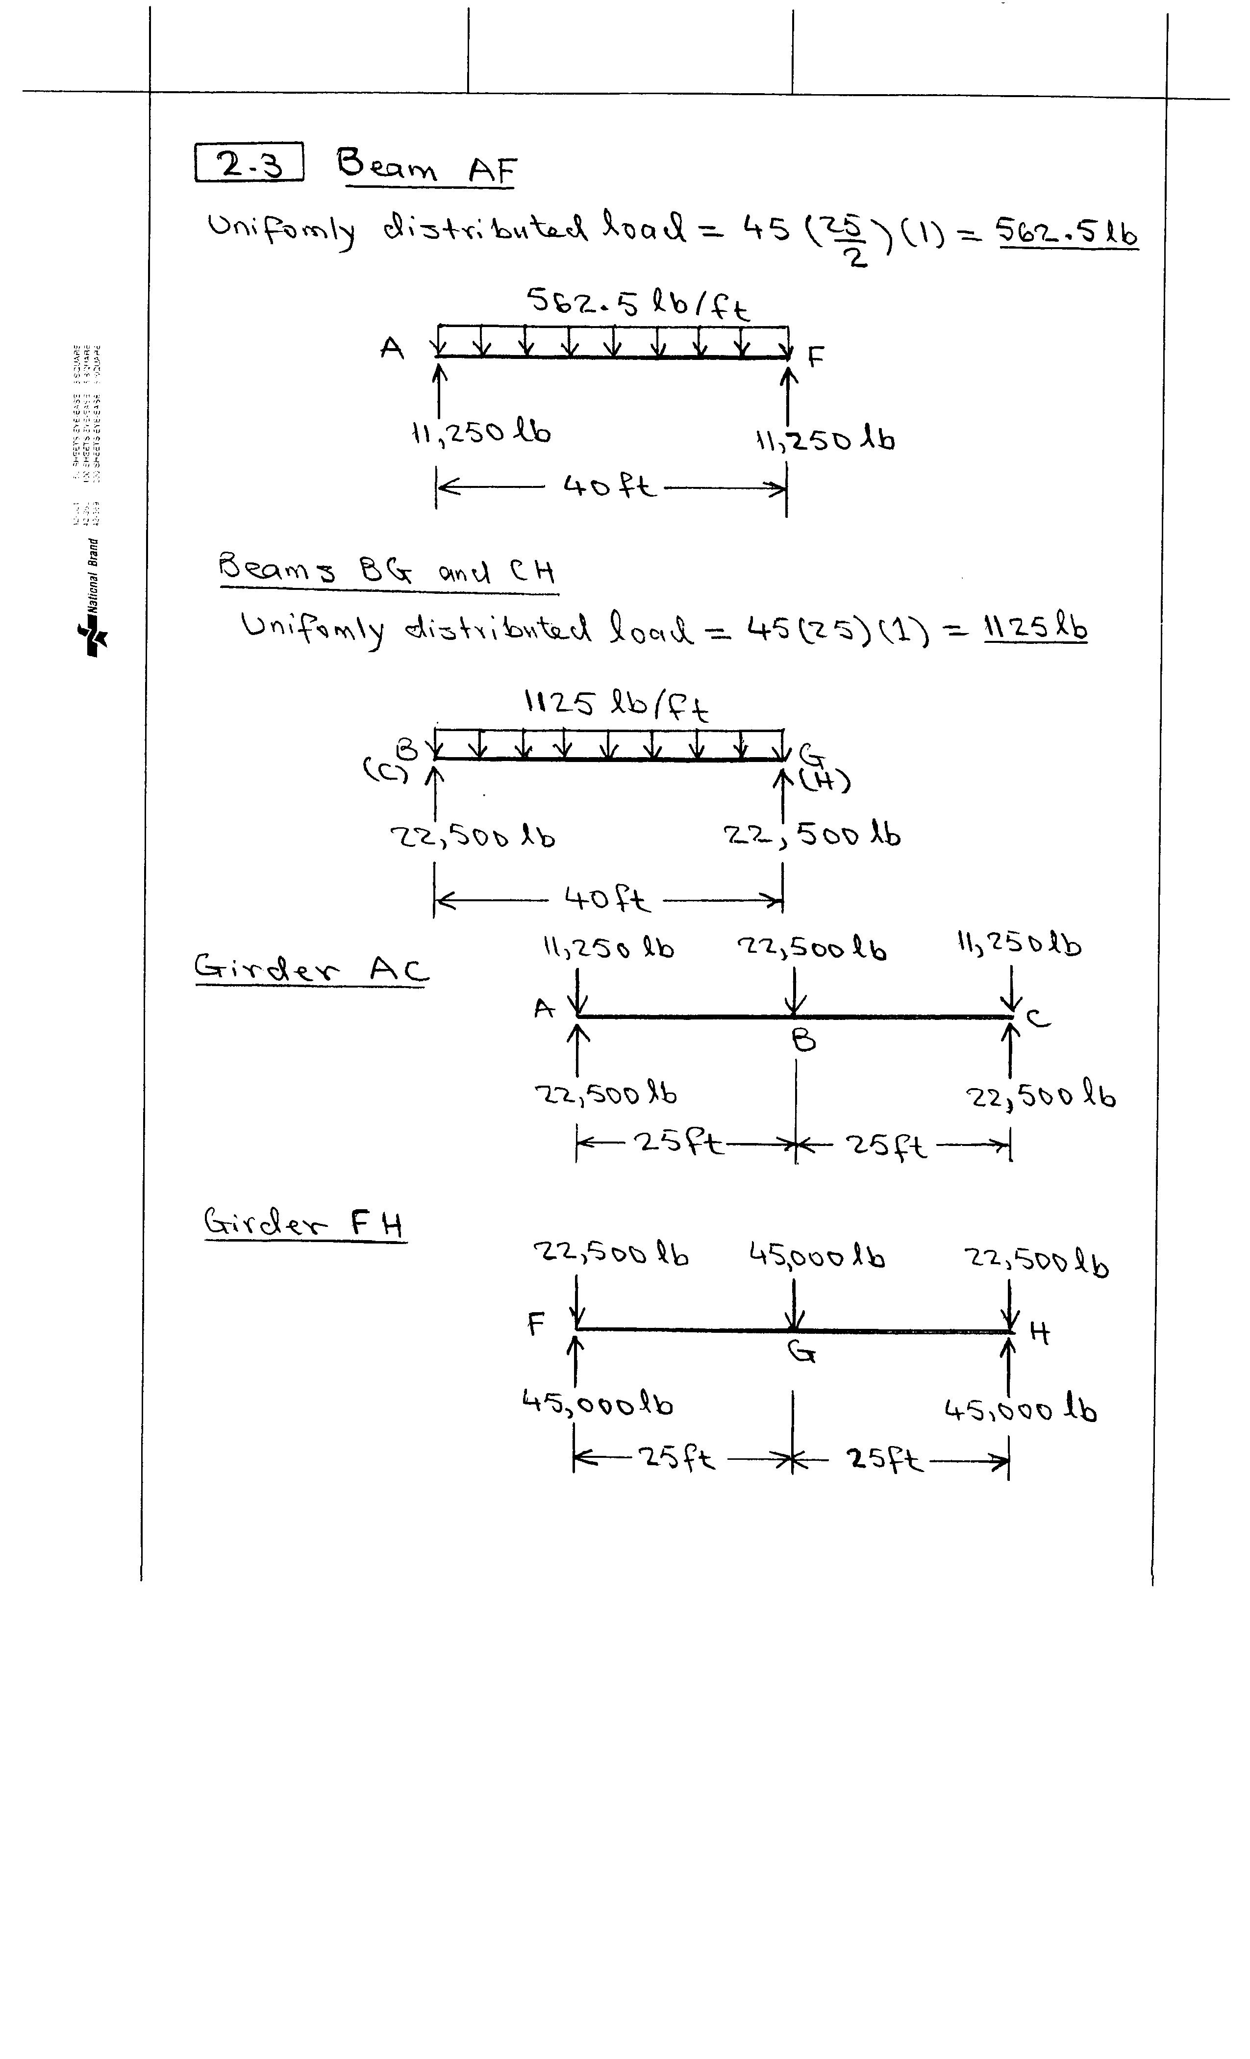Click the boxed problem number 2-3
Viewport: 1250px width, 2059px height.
click(x=249, y=163)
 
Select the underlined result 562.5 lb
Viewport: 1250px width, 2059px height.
click(x=1067, y=233)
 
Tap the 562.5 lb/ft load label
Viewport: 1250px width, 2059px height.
click(x=638, y=304)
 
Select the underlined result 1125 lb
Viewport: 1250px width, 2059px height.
click(x=1035, y=627)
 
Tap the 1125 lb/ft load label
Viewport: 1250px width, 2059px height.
click(x=616, y=705)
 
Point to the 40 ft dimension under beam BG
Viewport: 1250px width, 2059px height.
click(x=606, y=899)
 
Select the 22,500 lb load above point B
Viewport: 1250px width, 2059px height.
click(x=811, y=948)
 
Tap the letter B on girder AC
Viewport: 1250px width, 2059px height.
click(x=804, y=1041)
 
